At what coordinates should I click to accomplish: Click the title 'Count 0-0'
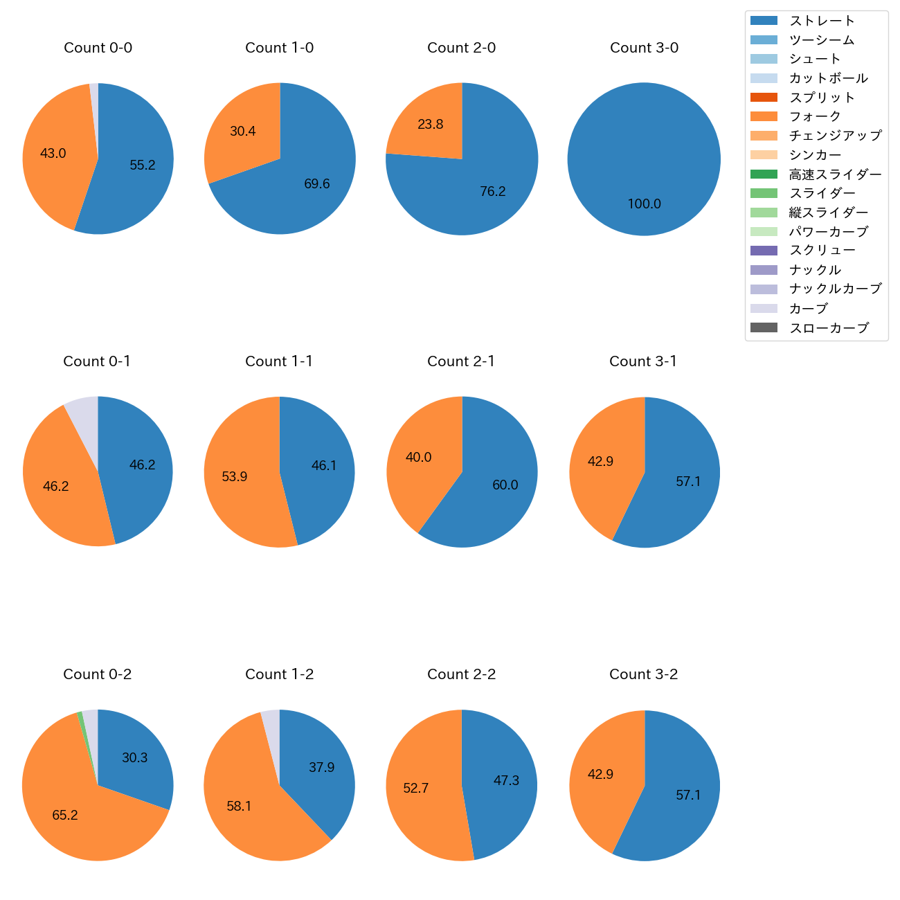(98, 48)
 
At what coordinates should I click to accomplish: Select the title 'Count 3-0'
(644, 48)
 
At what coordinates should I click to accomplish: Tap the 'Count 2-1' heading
(461, 361)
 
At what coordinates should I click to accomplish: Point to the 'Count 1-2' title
(279, 674)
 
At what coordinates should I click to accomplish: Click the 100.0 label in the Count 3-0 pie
(644, 204)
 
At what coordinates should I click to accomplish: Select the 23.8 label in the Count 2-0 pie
(430, 125)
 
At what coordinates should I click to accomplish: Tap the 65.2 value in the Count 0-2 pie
(65, 816)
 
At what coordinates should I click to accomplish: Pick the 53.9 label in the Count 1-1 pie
(235, 477)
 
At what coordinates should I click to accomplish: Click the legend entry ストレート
(822, 21)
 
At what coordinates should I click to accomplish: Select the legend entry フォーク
(815, 116)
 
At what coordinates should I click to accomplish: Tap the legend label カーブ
(808, 309)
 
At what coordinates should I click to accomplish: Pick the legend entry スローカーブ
(829, 328)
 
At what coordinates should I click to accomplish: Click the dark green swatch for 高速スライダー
(764, 174)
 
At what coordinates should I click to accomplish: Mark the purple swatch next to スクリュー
(764, 251)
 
